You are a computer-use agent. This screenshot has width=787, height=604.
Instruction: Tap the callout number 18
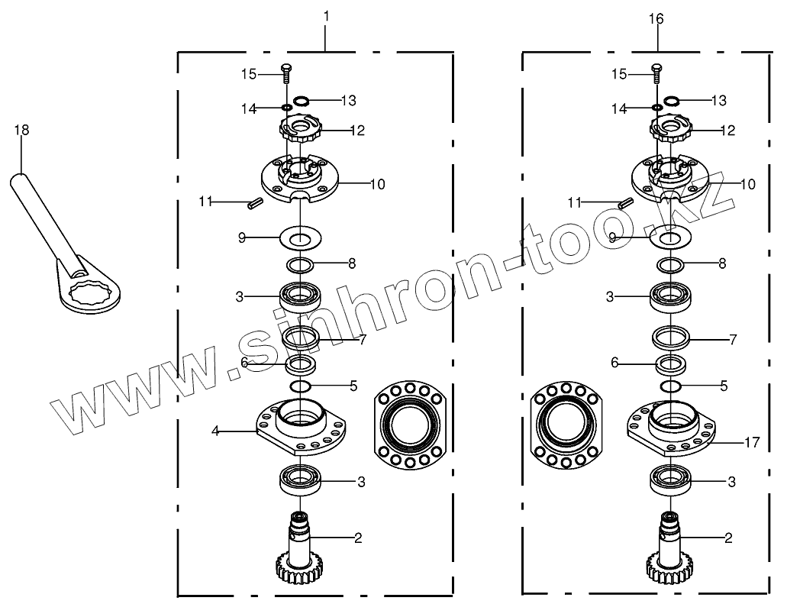click(21, 130)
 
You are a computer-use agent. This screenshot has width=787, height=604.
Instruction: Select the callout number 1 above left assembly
click(326, 17)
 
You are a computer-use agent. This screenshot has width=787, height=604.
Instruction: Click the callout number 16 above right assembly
click(656, 19)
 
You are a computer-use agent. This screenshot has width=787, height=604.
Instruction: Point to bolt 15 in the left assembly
click(286, 74)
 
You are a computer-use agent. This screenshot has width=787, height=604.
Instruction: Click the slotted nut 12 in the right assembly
click(671, 128)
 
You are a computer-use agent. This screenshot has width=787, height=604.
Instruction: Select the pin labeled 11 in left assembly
click(255, 205)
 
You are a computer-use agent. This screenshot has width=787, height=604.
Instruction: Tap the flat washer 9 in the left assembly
click(300, 237)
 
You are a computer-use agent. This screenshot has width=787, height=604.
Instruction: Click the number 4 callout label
click(215, 431)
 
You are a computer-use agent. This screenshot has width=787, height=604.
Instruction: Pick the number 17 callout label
click(753, 442)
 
